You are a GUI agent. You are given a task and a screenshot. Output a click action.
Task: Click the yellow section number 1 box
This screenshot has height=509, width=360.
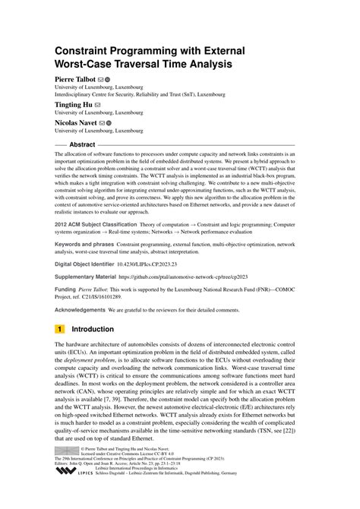click(x=59, y=330)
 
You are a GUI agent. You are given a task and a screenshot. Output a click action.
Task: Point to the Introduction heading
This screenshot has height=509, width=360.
click(x=103, y=330)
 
